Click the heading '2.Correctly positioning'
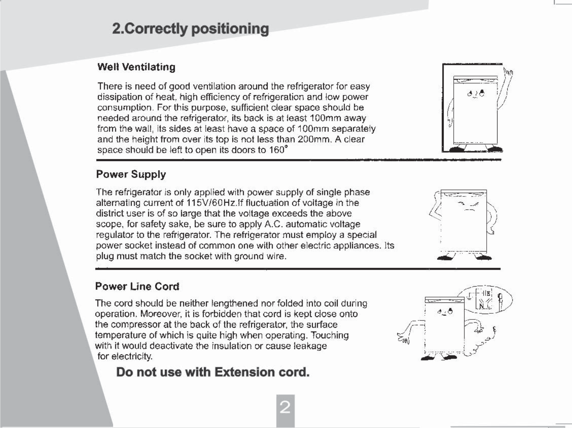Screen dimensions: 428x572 (x=190, y=29)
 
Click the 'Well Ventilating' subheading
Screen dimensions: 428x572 (x=136, y=67)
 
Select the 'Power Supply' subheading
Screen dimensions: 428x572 (x=131, y=174)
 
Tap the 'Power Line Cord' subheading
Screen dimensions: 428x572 (x=137, y=287)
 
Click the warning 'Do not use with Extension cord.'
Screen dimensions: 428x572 (x=213, y=372)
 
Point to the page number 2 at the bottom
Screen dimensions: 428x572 (x=285, y=408)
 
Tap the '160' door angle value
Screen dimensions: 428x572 (x=277, y=150)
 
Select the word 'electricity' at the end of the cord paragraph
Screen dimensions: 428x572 (x=131, y=356)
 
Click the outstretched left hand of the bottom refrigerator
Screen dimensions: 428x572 (x=402, y=338)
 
